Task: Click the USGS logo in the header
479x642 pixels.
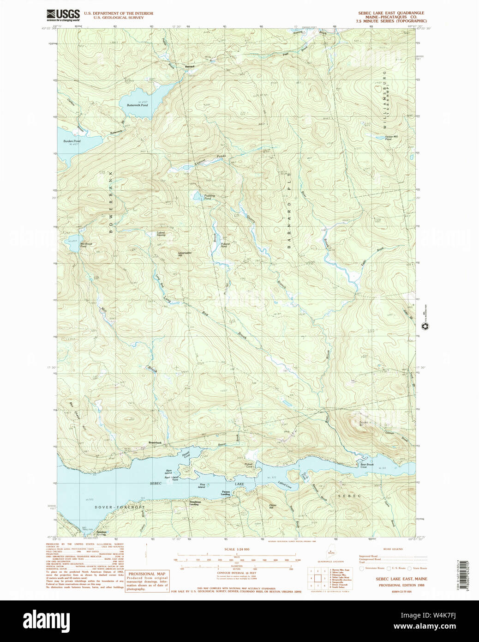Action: (63, 15)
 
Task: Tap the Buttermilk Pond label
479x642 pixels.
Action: (138, 105)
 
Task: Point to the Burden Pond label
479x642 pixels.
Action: (72, 142)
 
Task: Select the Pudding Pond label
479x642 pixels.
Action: (209, 197)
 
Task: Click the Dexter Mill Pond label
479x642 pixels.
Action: (391, 138)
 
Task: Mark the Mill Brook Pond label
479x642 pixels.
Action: (86, 245)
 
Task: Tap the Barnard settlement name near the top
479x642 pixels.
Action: (190, 67)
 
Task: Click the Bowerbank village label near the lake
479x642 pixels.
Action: (155, 443)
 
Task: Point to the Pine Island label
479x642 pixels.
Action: (202, 486)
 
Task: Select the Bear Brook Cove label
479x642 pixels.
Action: (367, 466)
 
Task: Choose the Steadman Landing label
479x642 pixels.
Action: (195, 503)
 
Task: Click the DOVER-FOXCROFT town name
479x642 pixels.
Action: (120, 507)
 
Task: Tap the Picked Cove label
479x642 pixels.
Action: (249, 465)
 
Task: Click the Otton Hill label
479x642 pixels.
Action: (273, 506)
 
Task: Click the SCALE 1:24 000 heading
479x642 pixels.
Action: (236, 549)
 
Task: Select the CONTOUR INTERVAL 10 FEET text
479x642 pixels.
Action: (236, 573)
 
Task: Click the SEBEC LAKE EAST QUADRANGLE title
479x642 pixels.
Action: (391, 13)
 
